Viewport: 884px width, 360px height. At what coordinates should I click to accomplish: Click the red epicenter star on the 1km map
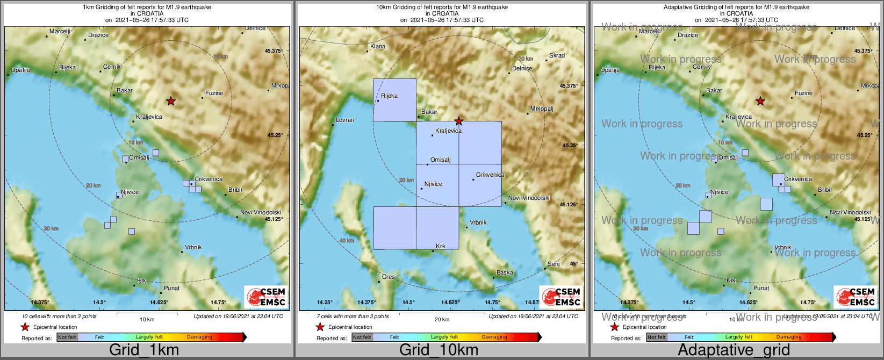click(x=171, y=100)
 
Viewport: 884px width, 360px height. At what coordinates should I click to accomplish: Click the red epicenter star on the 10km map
click(x=458, y=121)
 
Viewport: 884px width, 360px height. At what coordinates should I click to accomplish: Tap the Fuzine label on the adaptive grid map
click(x=804, y=93)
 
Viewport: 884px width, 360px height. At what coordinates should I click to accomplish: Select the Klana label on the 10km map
click(x=378, y=46)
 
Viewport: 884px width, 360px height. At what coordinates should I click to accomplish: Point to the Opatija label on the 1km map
click(x=20, y=70)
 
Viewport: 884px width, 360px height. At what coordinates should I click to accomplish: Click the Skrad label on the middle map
click(x=557, y=55)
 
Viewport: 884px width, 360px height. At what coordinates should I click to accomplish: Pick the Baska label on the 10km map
click(x=505, y=272)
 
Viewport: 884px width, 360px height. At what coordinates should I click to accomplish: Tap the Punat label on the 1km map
click(x=171, y=288)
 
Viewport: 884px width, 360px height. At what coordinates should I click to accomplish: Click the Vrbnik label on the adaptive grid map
click(x=783, y=248)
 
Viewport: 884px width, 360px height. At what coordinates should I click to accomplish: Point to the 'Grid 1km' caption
click(x=144, y=350)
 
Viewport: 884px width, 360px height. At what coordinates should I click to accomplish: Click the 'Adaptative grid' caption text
click(x=734, y=350)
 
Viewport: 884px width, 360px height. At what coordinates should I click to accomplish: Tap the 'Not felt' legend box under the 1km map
click(x=67, y=337)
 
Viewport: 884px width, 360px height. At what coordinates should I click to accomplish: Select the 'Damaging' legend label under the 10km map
click(x=494, y=337)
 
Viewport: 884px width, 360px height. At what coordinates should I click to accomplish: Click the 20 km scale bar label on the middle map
click(x=442, y=320)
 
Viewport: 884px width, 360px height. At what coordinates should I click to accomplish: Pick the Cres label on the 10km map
click(x=388, y=277)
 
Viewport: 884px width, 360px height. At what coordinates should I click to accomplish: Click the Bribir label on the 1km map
click(x=235, y=190)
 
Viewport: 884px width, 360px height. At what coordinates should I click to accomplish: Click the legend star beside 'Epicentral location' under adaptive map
click(x=614, y=327)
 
